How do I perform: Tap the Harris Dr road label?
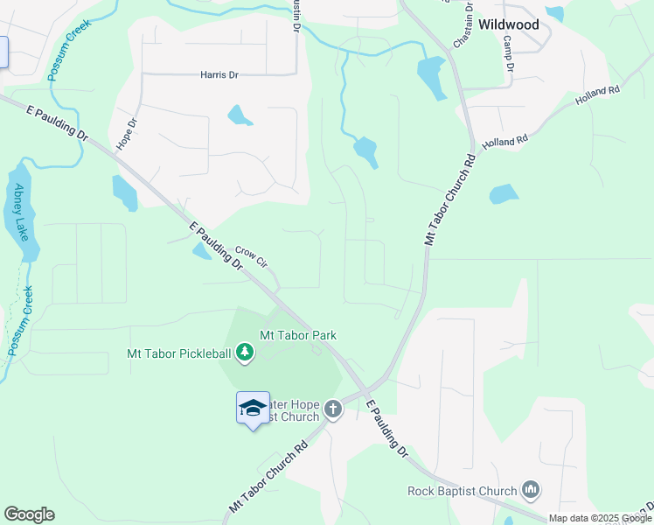coord(219,75)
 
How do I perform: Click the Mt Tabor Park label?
coord(298,335)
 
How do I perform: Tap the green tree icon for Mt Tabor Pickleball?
coord(246,353)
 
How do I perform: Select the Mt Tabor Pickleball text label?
coord(179,353)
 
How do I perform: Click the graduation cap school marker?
coord(253,408)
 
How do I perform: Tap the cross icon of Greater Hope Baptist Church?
coord(333,409)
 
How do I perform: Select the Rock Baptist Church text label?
coord(463,491)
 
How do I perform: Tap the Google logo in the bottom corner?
coord(29,514)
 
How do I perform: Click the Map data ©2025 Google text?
coord(600,518)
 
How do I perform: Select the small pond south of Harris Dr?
coord(240,115)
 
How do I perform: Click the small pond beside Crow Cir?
coord(202,252)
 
